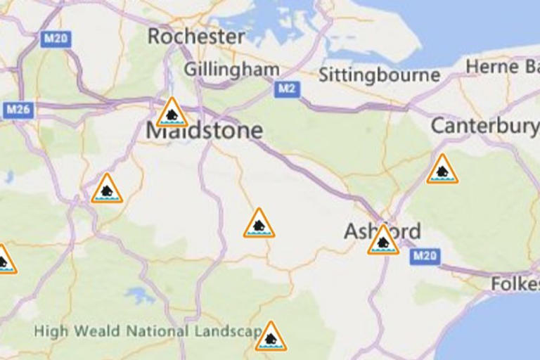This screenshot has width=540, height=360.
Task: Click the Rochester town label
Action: click(x=196, y=37)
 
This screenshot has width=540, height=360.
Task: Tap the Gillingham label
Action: click(x=231, y=70)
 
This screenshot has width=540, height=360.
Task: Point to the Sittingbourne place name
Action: click(x=379, y=75)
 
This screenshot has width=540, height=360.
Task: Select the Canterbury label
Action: click(x=484, y=126)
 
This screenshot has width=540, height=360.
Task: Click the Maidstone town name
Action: click(x=204, y=130)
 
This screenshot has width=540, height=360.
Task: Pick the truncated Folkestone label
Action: click(x=515, y=284)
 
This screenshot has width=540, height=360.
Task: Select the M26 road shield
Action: click(x=17, y=110)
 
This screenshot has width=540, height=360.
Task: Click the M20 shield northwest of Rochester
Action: click(x=55, y=39)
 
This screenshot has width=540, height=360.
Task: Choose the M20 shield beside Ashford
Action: click(x=425, y=255)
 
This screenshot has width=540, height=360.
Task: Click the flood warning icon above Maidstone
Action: click(x=172, y=113)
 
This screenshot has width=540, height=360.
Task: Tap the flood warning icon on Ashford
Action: click(x=383, y=241)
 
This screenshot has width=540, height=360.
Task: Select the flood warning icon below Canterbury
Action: click(x=442, y=170)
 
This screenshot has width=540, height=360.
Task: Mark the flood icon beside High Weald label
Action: click(x=271, y=337)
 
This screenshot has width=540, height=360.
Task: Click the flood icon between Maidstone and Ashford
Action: click(x=259, y=224)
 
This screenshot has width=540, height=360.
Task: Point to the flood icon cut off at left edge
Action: click(x=4, y=260)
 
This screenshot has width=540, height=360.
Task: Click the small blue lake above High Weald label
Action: click(x=141, y=295)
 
